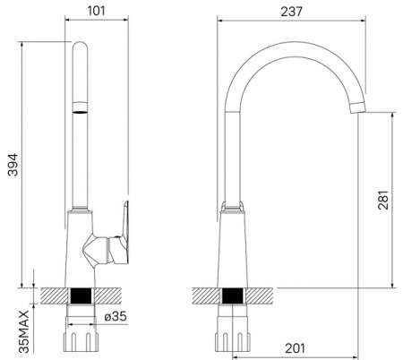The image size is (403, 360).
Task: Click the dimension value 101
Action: pyautogui.click(x=98, y=12)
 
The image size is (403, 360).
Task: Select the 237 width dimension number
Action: pyautogui.click(x=290, y=12)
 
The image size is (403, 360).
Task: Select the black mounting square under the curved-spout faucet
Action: pyautogui.click(x=233, y=296)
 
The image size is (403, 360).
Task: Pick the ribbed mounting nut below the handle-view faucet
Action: pyautogui.click(x=81, y=339)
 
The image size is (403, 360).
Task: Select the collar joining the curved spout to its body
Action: pyautogui.click(x=233, y=208)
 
